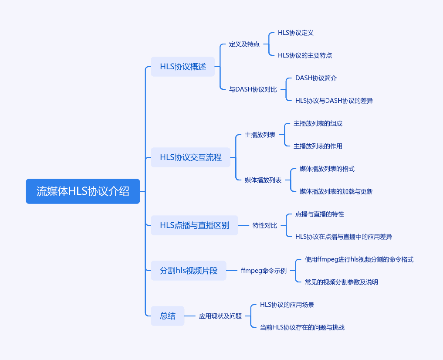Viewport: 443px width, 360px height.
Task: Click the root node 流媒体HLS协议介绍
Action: tap(83, 191)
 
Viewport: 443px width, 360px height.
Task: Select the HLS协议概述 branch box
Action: tap(183, 67)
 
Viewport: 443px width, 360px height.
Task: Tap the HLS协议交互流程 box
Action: tap(190, 157)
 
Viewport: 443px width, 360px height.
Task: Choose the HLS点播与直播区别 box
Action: tap(194, 225)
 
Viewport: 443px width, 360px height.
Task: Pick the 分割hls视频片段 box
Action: tap(189, 271)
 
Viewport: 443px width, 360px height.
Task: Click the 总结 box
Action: tap(168, 316)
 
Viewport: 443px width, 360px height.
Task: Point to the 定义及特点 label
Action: tap(244, 44)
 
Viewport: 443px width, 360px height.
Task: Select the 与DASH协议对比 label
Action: tap(253, 89)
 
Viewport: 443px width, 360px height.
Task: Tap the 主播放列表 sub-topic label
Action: tap(260, 135)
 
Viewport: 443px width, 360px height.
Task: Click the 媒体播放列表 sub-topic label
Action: tap(263, 180)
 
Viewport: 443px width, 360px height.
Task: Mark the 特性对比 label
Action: tap(265, 225)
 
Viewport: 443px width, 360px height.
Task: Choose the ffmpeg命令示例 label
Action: tap(264, 271)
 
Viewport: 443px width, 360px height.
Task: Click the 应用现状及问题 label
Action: tap(220, 316)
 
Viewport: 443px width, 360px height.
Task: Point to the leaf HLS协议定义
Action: tap(295, 33)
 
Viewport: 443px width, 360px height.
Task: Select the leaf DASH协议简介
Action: tap(316, 78)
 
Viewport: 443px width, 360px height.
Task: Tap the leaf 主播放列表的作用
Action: tap(318, 146)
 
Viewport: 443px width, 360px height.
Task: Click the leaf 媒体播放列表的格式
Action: tap(327, 169)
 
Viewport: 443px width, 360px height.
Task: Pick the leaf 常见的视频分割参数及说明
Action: tap(342, 282)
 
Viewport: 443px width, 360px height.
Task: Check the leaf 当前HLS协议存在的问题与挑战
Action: tap(302, 327)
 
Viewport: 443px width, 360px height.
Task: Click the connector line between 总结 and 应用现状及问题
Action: tap(190, 316)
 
